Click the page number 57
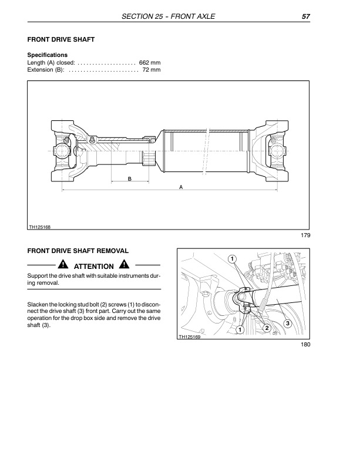305,16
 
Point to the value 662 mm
150,62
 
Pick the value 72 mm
152,70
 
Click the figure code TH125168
39,227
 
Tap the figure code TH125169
189,337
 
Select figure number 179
304,235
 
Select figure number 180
304,345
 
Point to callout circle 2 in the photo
267,328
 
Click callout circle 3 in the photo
287,324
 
